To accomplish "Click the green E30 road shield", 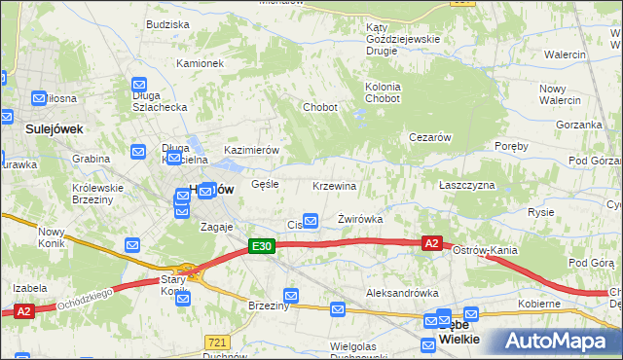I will coord(261,247).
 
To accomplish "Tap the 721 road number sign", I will coord(217,342).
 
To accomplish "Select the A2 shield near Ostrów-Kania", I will coord(432,243).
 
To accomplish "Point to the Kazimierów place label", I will coord(252,150).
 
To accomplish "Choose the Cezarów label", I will coord(429,137).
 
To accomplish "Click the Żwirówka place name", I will coord(359,219).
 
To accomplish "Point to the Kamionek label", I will coord(201,63).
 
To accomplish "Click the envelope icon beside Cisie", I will coord(311,222).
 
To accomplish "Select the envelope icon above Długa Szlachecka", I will coord(139,85).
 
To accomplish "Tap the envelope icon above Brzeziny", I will coord(291,295).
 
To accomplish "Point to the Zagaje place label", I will coord(216,226).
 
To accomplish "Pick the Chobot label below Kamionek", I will coord(320,107).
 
